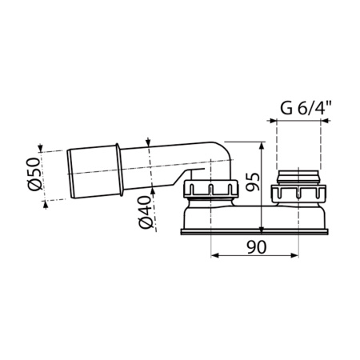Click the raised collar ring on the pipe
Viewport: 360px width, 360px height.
[120, 169]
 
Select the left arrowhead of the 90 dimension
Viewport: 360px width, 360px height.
[214, 257]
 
